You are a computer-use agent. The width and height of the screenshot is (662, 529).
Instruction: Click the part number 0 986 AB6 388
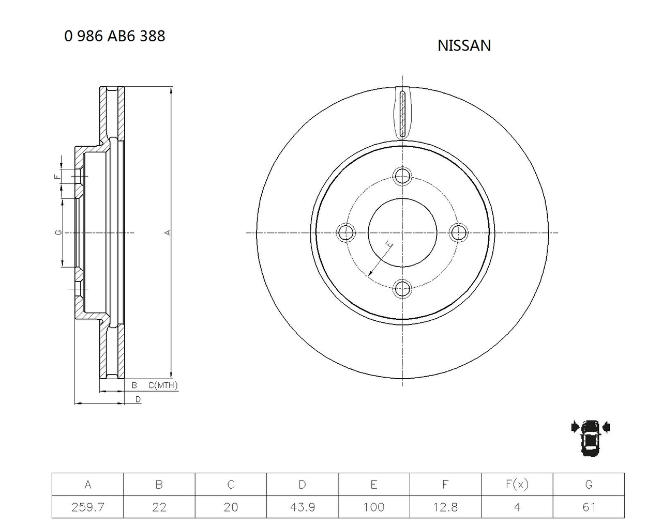[x=115, y=36]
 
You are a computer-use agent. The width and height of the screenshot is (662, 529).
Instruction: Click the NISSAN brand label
[x=464, y=45]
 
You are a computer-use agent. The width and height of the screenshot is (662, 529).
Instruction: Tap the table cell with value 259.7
[x=88, y=507]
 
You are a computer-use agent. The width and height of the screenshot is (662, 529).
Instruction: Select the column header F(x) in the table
[x=517, y=485]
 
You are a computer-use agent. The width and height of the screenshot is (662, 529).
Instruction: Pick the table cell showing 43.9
[x=303, y=507]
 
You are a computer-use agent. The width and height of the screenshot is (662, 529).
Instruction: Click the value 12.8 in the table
[x=445, y=507]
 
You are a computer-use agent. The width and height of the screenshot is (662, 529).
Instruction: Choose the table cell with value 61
[x=589, y=507]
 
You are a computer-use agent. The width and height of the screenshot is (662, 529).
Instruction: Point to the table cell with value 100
[x=374, y=507]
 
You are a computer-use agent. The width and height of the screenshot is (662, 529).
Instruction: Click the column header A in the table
[x=88, y=485]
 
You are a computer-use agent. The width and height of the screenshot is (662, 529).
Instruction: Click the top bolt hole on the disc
[x=402, y=176]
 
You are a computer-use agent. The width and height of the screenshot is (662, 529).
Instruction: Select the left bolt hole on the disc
[x=345, y=232]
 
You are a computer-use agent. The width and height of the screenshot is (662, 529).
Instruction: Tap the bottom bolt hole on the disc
[x=402, y=289]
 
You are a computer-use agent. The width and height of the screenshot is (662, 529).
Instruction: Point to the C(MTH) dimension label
[x=163, y=385]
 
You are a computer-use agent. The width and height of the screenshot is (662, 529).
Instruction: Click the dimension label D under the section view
[x=138, y=399]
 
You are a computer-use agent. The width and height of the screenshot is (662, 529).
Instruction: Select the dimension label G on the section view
[x=59, y=232]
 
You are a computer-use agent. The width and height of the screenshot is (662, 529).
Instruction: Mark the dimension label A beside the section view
[x=168, y=232]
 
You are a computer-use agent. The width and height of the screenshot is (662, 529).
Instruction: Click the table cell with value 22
[x=159, y=507]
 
